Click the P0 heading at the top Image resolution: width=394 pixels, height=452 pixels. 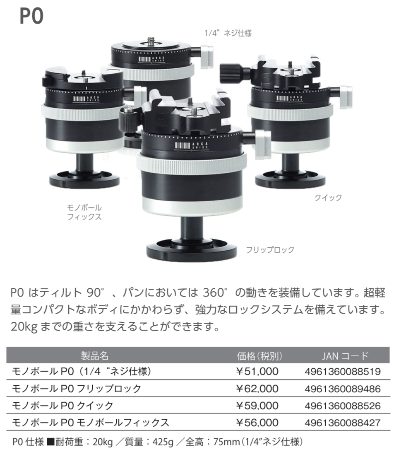click(32, 16)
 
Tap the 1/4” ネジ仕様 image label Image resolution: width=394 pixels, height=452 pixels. click(228, 33)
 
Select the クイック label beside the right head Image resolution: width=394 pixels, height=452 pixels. click(328, 198)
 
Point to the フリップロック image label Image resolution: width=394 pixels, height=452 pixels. click(270, 250)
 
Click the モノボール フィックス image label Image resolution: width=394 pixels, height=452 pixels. click(84, 212)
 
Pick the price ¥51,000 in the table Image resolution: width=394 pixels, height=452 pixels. click(257, 372)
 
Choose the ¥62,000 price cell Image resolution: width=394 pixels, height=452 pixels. click(257, 389)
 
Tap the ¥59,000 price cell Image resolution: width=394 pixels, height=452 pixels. click(257, 406)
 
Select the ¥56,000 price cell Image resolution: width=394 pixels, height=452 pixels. click(257, 423)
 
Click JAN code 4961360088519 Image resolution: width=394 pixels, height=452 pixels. click(343, 372)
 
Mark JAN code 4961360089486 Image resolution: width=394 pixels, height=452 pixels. click(343, 389)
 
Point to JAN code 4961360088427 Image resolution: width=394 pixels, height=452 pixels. click(343, 423)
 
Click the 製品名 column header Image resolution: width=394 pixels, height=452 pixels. click(95, 356)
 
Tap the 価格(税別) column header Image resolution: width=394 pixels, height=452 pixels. click(259, 356)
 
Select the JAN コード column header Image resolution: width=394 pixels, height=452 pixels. click(345, 356)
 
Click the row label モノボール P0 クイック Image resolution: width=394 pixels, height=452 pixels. click(62, 406)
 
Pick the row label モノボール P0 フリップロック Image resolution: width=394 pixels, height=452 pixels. click(76, 389)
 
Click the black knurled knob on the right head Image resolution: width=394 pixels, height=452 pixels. click(228, 73)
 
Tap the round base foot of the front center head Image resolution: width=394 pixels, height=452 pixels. click(192, 250)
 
